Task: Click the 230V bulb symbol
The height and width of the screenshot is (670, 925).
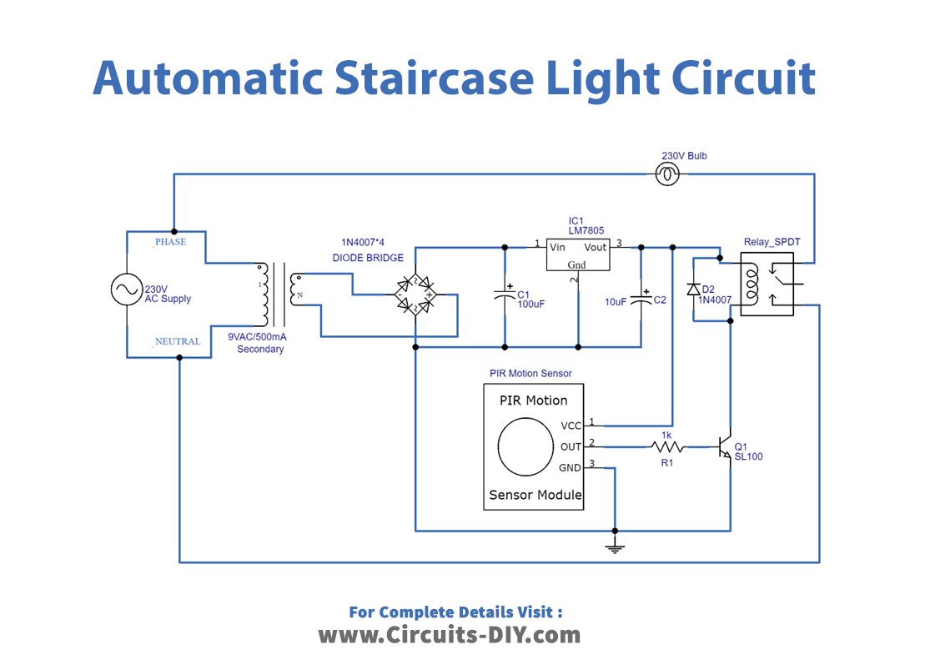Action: [669, 174]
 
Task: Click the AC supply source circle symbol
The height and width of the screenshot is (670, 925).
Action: [127, 290]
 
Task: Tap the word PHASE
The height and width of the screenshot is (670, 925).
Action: [170, 242]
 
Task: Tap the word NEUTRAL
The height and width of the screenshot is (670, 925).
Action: [177, 341]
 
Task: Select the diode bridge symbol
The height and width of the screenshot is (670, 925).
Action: [415, 295]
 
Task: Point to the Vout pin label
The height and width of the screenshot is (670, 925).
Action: [595, 247]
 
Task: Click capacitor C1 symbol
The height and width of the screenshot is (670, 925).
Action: [505, 295]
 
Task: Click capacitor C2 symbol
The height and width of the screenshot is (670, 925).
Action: [641, 298]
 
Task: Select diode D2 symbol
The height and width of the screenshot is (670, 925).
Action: [693, 289]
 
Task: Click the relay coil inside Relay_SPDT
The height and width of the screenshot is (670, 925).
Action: [750, 285]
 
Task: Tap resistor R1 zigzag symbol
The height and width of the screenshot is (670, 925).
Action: [666, 446]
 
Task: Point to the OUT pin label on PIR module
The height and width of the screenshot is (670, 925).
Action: [571, 446]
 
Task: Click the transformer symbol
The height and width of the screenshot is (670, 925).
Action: [279, 295]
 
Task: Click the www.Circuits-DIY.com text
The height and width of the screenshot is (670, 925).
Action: [449, 635]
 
